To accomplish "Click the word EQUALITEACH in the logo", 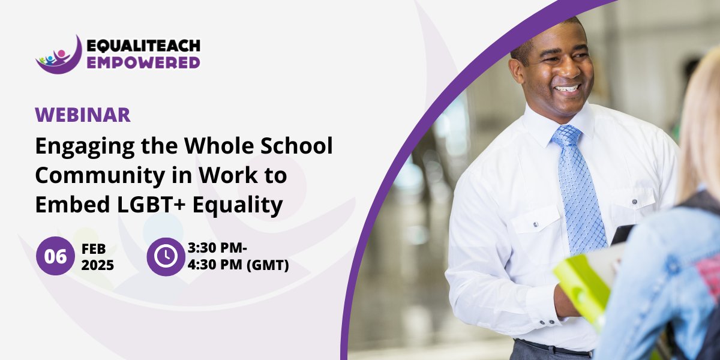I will [x=143, y=46].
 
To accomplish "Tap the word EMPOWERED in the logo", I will [x=143, y=62].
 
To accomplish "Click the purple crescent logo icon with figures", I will [x=58, y=56].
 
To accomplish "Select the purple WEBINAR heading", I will [x=82, y=115].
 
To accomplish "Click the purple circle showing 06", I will [x=55, y=256].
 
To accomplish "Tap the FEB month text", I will [x=94, y=248].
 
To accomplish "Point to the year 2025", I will [x=97, y=265].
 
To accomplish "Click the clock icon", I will [x=165, y=256].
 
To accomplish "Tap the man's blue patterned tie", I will [x=577, y=186].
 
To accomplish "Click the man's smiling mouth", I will [x=566, y=88].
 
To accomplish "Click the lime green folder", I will [x=579, y=288].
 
